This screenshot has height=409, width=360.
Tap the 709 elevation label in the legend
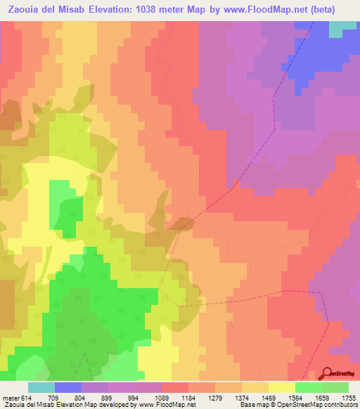[55, 398]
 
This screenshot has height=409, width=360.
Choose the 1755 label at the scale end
[349, 398]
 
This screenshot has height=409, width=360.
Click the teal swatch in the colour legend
[41, 387]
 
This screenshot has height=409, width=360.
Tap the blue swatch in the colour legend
[68, 387]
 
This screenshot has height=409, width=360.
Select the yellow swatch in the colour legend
[282, 387]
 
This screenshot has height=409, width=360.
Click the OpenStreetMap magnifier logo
[328, 372]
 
